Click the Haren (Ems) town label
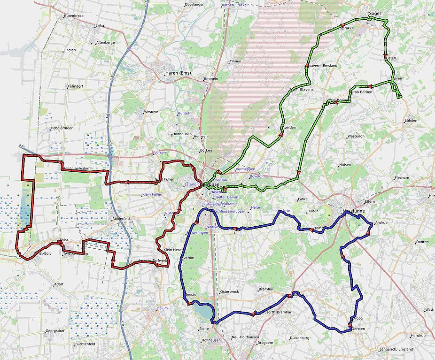tap(177, 73)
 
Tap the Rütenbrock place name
tap(74, 15)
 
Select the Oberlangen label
tap(194, 4)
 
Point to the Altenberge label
tap(105, 42)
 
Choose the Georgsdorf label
tap(55, 331)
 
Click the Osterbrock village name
tap(230, 291)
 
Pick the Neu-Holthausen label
tap(246, 337)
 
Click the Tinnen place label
tap(235, 61)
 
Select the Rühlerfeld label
tap(121, 219)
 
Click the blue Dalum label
tap(162, 308)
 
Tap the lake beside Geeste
tap(202, 311)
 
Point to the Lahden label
tap(411, 121)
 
